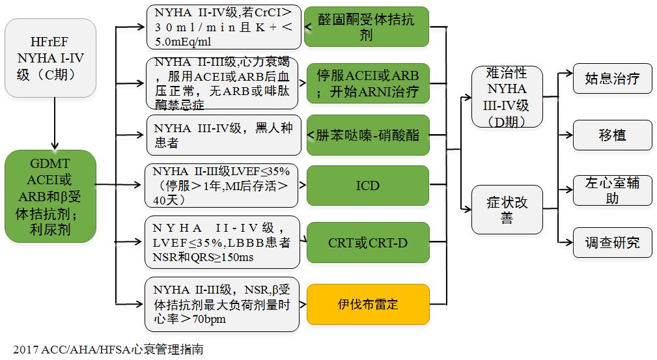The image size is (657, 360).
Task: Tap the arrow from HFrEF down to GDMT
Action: pyautogui.click(x=55, y=124)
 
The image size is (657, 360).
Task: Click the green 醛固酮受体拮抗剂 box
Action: pyautogui.click(x=367, y=27)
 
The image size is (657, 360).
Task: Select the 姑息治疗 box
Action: pyautogui.click(x=612, y=79)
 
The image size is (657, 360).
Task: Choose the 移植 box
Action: pyautogui.click(x=612, y=135)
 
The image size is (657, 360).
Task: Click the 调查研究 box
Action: pyautogui.click(x=612, y=242)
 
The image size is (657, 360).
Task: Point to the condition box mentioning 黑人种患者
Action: pyautogui.click(x=222, y=135)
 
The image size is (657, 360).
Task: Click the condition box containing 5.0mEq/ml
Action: pyautogui.click(x=222, y=27)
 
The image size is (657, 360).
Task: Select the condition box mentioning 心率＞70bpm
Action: pyautogui.click(x=222, y=304)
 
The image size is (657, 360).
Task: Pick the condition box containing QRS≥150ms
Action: pyautogui.click(x=222, y=243)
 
